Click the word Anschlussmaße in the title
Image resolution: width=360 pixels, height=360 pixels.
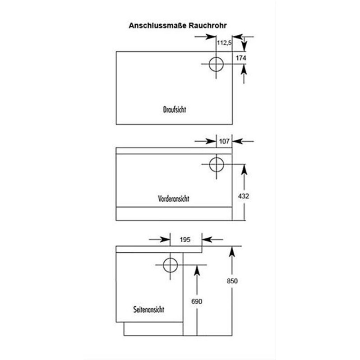158,25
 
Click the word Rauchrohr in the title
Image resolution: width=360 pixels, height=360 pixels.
208,25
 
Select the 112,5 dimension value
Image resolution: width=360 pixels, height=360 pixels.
224,43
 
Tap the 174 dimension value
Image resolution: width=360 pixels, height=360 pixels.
241,58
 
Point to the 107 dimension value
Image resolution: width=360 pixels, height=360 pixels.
224,141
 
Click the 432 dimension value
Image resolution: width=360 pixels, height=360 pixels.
244,196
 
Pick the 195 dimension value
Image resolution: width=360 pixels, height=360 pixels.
185,240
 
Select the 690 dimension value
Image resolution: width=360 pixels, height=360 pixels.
197,301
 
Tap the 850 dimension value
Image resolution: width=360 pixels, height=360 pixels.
232,281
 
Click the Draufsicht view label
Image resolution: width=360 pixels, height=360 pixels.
175,110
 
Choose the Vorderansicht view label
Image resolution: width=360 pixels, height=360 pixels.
174,198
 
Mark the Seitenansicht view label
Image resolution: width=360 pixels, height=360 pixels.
149,309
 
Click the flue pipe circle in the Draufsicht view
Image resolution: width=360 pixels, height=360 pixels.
209,64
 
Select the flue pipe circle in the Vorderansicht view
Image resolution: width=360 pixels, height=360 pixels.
209,164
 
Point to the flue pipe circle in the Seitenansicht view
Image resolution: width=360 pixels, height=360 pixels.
163,265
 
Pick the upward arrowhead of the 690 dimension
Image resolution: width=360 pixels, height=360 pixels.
197,271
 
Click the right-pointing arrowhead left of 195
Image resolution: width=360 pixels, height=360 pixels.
165,240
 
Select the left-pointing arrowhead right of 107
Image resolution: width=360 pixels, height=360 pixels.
237,141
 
